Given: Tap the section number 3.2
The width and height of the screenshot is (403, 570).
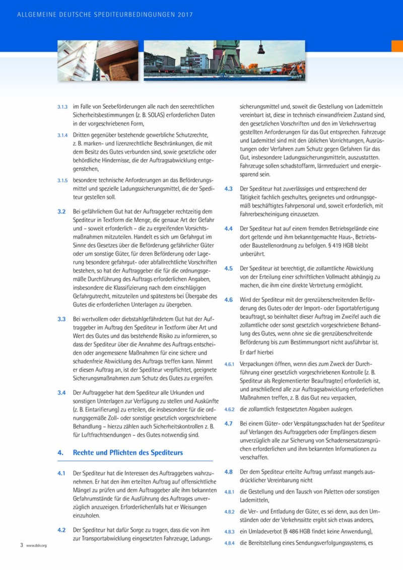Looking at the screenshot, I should tap(61, 211).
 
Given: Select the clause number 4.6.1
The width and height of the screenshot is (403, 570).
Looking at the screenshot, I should tap(229, 363).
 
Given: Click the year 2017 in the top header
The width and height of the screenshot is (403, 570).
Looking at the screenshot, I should tap(185, 15).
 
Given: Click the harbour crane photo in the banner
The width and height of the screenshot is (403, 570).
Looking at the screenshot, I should tap(224, 60).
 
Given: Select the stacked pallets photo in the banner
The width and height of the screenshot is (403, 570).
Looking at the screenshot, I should tap(98, 60).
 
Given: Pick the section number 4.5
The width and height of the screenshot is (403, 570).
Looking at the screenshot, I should tap(228, 268).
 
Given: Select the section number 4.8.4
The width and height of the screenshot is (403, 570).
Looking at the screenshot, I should tap(229, 543).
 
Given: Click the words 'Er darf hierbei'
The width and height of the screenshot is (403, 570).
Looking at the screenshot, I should tap(257, 352).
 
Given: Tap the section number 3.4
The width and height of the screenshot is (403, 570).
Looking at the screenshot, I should tap(61, 392).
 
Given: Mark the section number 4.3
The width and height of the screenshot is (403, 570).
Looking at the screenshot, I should tap(228, 189).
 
